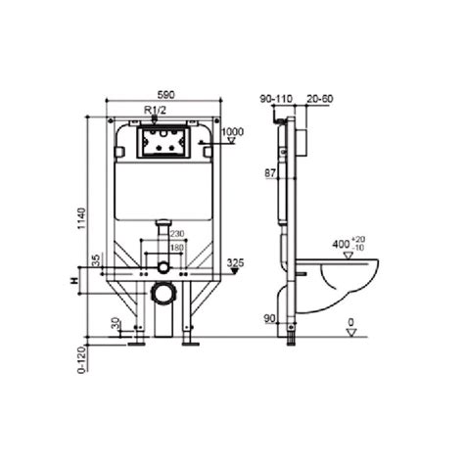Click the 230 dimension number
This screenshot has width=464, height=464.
176,233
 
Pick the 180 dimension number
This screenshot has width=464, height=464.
176,248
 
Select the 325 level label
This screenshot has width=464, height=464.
234,262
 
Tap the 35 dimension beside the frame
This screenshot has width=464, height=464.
95,259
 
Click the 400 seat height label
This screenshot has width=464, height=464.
340,241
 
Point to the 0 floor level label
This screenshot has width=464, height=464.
351,321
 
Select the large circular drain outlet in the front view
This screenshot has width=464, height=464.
162,293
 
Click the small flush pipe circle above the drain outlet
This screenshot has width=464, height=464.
162,267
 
